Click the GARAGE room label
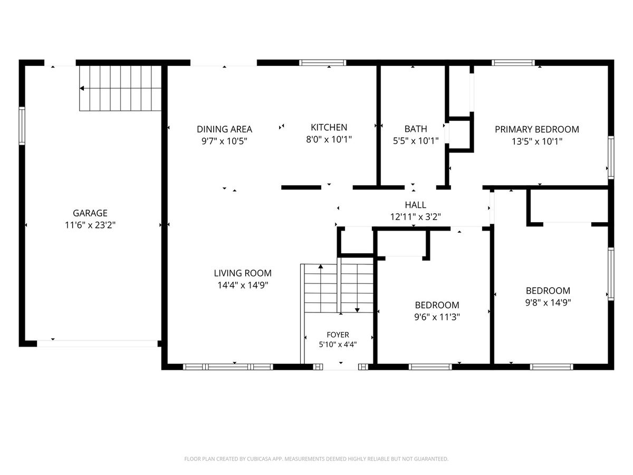click(x=90, y=213)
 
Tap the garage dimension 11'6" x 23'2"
click(x=90, y=225)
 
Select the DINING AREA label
click(x=224, y=129)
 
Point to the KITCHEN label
click(x=329, y=127)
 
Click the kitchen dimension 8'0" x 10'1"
click(x=329, y=139)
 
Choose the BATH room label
click(x=416, y=129)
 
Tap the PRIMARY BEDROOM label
click(x=536, y=129)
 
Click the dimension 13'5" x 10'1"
click(x=536, y=141)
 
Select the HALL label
click(x=415, y=205)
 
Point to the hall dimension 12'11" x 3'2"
click(x=415, y=216)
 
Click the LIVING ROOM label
click(x=243, y=273)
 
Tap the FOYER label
click(x=338, y=335)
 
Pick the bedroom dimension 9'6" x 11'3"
click(x=437, y=317)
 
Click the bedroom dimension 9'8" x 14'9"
click(x=548, y=302)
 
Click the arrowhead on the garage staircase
click(x=82, y=88)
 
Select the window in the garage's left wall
click(x=22, y=126)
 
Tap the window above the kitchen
click(x=322, y=63)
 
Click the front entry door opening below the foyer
click(x=341, y=367)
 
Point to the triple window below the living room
click(x=228, y=367)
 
